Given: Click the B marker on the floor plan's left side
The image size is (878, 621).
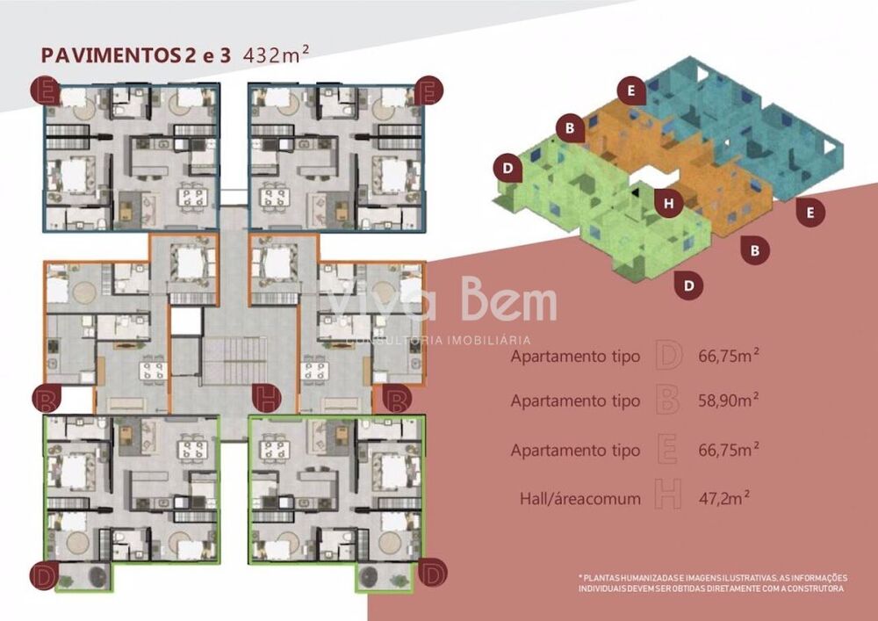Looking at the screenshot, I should tap(46, 401).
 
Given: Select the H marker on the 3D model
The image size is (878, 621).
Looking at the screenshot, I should tap(670, 204).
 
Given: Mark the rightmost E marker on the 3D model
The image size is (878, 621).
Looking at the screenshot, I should tap(811, 211).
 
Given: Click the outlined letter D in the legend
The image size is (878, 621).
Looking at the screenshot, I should tap(668, 357).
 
